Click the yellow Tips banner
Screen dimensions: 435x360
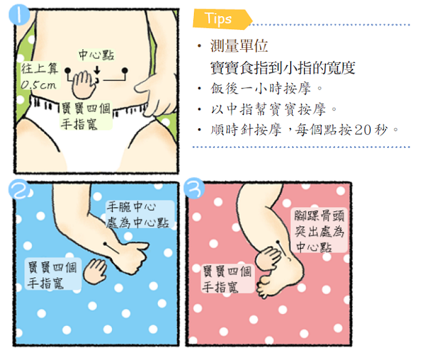click(222, 19)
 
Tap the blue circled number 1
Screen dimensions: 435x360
click(19, 14)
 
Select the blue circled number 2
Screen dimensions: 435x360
click(19, 189)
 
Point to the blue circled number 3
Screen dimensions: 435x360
click(195, 188)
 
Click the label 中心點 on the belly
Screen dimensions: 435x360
click(96, 55)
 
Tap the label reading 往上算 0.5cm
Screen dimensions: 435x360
click(40, 76)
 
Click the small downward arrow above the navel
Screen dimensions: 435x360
click(97, 70)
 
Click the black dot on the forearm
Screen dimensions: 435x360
click(106, 244)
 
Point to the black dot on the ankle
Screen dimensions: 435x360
click(278, 242)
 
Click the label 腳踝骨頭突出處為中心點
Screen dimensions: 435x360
click(319, 231)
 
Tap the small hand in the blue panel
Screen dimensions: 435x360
click(95, 271)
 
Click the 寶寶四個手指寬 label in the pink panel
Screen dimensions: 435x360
click(227, 279)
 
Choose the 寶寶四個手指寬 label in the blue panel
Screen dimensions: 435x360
click(53, 275)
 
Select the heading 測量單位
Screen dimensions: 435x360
click(239, 45)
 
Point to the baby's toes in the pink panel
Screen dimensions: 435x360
click(265, 286)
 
